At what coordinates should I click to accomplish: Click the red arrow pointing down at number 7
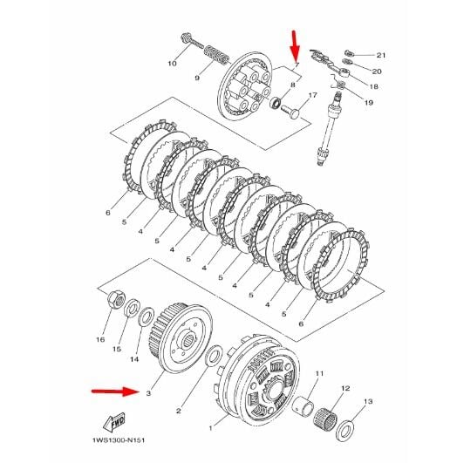point(294,42)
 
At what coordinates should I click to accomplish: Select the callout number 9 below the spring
point(197,78)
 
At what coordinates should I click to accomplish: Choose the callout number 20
point(377,71)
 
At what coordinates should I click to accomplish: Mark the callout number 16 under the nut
point(100,340)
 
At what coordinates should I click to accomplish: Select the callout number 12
point(345,388)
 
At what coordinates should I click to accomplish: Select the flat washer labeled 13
point(346,429)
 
